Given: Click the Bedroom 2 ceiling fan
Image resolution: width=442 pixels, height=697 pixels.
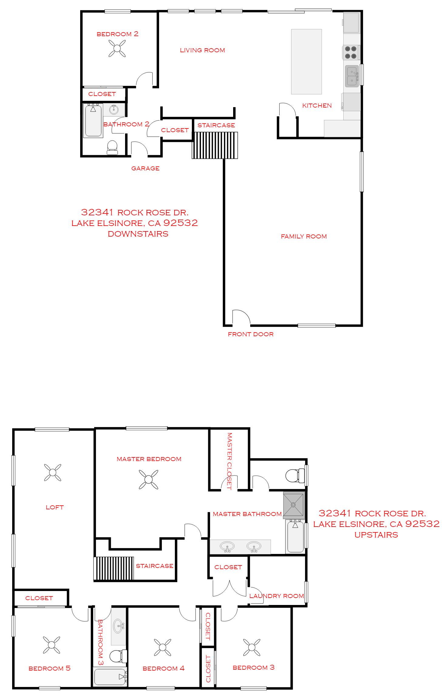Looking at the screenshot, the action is [x=117, y=48].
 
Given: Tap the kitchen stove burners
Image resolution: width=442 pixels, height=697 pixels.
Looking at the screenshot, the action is [x=351, y=52].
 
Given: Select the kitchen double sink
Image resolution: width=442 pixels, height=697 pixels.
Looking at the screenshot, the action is [x=352, y=76].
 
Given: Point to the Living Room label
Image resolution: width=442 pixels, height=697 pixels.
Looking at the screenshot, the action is [x=202, y=50].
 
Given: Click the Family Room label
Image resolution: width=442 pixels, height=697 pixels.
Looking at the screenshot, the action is [x=304, y=237].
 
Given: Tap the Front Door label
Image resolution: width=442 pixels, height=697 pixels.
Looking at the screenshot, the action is [x=251, y=334].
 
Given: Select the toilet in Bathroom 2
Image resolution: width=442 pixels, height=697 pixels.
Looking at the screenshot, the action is [x=112, y=147].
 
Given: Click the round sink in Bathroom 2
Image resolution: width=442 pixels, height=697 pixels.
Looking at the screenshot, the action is [x=114, y=109].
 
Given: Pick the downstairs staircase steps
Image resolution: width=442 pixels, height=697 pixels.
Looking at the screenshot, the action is [x=215, y=145].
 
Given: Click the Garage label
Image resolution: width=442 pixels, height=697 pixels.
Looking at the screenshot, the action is [x=145, y=169].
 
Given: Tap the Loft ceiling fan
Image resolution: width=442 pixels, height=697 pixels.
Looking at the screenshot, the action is [x=53, y=472].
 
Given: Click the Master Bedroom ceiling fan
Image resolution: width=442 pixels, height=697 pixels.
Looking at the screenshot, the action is [x=148, y=479].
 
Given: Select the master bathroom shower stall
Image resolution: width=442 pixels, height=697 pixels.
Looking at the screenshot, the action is [x=294, y=505].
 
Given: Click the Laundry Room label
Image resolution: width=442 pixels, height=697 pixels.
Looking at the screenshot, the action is [x=277, y=596].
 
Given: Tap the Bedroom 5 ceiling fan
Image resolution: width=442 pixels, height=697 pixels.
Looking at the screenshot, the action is [x=52, y=645].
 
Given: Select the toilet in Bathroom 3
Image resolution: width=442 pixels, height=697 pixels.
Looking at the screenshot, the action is [x=118, y=656].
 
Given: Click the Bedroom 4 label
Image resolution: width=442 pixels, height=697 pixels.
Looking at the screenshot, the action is [x=164, y=668].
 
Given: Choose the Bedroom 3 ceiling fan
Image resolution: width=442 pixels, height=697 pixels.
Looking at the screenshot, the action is [x=252, y=647].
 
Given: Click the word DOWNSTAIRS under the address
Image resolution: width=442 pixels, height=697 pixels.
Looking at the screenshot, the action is [x=138, y=234].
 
